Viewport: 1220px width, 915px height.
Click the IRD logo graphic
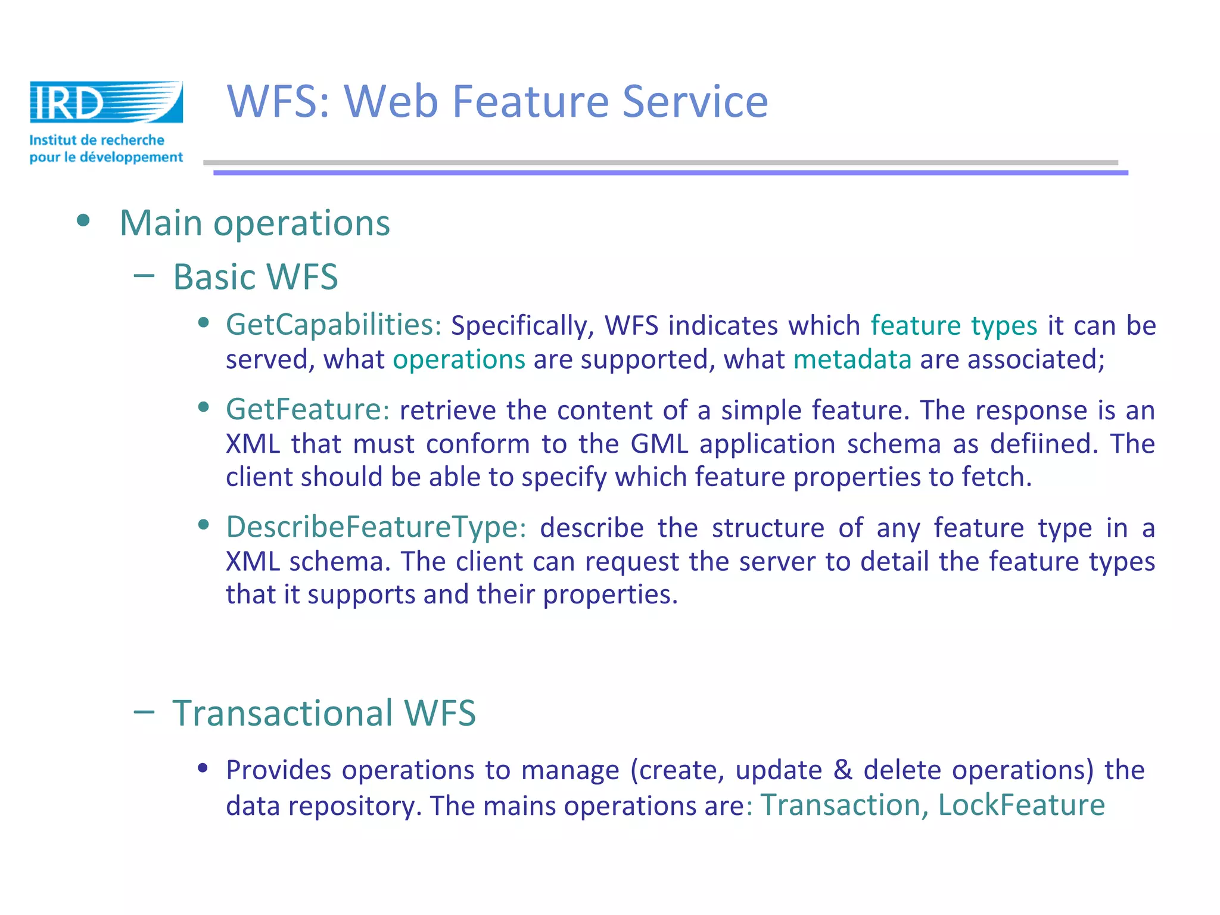coord(106,102)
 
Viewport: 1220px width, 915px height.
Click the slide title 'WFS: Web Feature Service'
coord(497,101)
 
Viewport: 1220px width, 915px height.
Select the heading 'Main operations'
coord(255,223)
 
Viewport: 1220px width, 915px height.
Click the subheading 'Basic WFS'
coord(256,277)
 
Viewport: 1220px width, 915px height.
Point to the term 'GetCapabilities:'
coord(334,325)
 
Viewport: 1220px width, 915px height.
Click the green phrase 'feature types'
coord(954,325)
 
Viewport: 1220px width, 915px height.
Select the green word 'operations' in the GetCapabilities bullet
coord(459,359)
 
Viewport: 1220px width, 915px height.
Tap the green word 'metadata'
coord(852,359)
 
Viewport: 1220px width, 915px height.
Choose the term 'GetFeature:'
coord(307,410)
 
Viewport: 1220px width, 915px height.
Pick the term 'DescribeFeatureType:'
coord(376,527)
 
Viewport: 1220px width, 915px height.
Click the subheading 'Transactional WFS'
coord(324,713)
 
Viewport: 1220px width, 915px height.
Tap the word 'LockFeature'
coord(1021,805)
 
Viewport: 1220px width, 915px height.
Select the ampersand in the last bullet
coord(842,770)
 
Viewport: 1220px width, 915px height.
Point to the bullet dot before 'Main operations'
coord(83,221)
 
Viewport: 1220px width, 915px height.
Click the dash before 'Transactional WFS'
coord(144,711)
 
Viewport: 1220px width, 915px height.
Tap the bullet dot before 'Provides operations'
coord(203,767)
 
